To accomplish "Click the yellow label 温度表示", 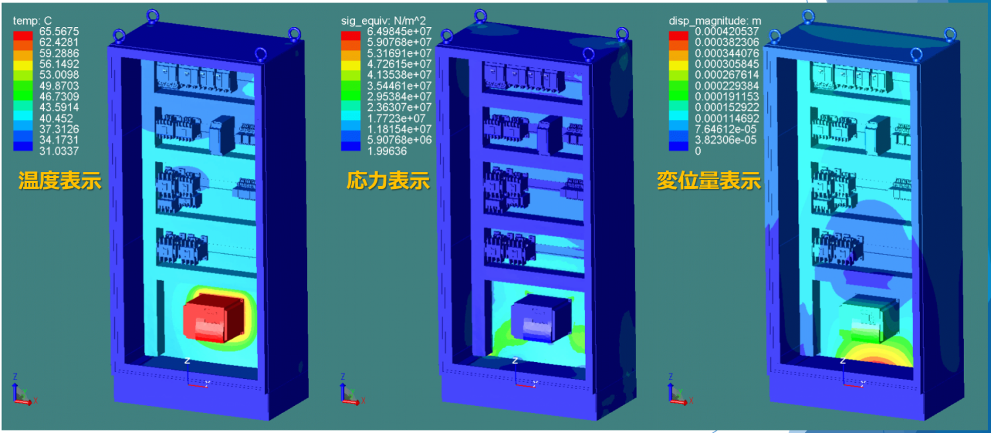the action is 59,181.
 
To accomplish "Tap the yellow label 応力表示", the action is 388,181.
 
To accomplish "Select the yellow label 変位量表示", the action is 708,181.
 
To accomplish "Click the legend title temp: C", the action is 32,21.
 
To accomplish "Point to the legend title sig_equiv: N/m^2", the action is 383,21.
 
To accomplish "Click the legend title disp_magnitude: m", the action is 714,21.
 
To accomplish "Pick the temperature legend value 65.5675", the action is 59,32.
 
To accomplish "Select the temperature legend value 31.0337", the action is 59,151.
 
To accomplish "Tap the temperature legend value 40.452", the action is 55,119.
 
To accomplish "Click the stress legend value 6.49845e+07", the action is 399,32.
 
